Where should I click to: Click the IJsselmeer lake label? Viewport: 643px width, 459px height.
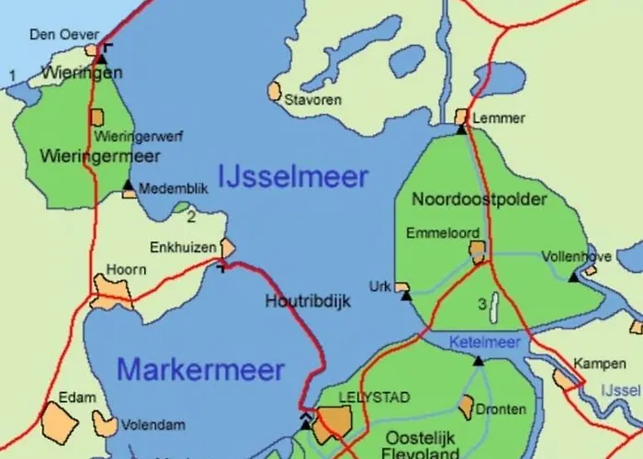293,176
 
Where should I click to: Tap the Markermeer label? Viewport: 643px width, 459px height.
200,370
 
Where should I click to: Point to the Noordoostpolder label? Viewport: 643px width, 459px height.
479,199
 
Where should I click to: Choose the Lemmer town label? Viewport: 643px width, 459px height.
499,118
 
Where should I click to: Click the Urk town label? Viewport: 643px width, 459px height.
379,286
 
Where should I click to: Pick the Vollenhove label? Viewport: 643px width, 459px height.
577,256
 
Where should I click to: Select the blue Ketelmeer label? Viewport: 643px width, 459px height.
484,341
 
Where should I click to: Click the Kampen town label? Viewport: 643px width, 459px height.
592,364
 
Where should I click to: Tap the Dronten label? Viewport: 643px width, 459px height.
502,409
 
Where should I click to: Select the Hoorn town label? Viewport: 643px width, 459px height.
127,270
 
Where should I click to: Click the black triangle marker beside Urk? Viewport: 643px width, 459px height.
406,296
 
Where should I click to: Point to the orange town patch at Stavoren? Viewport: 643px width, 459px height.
274,91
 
